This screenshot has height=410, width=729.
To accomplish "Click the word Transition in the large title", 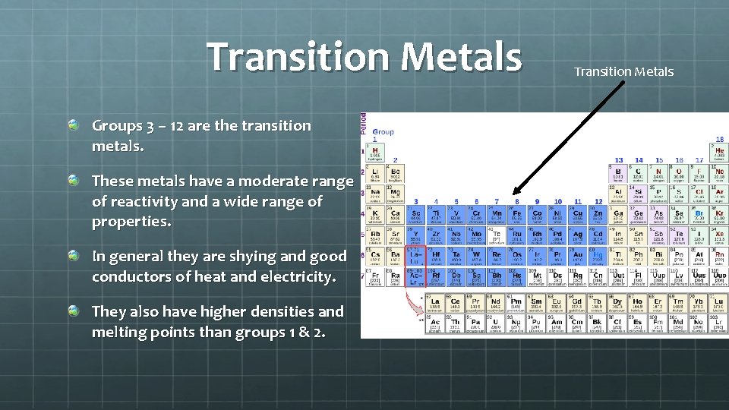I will point(298,57).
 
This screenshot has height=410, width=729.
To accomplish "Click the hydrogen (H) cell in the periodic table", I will point(374,152).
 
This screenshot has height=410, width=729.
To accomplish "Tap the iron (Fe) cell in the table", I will point(516,216).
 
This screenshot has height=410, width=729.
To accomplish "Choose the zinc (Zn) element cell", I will point(598,216).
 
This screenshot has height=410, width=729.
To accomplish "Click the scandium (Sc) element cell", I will point(415,216).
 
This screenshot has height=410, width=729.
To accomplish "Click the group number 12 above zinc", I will point(598,202).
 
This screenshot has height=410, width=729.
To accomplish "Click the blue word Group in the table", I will point(383,131).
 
